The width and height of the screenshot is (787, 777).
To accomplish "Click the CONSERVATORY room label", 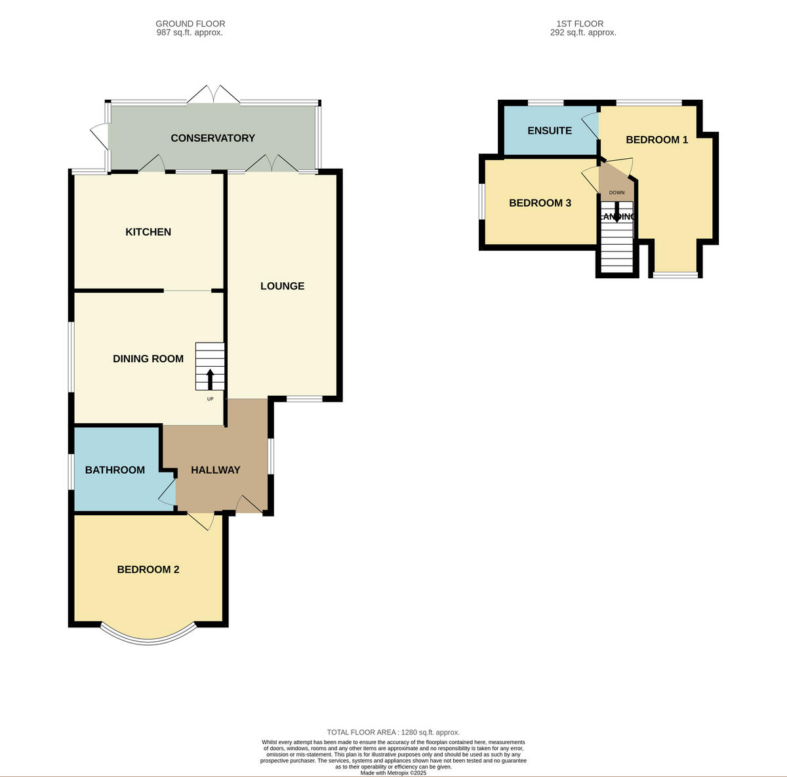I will click(212, 138).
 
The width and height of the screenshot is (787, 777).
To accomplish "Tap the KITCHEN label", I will click(148, 232).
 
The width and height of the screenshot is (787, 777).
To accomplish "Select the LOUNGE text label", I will click(282, 286).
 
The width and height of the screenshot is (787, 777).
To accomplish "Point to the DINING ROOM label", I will click(148, 359).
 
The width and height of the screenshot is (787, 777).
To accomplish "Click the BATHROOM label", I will click(115, 470).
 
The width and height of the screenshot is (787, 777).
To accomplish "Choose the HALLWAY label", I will click(215, 470).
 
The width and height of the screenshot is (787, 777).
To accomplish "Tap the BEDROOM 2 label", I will click(148, 570).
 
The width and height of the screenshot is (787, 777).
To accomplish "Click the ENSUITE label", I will click(550, 131).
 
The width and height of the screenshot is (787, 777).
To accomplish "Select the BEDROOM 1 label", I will click(656, 140).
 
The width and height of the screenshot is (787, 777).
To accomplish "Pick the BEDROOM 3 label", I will click(540, 203).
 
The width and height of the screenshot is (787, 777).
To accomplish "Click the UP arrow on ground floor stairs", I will click(210, 379).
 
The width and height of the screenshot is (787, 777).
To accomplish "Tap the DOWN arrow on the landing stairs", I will click(616, 215).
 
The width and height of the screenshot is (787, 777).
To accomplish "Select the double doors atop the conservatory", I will click(214, 94).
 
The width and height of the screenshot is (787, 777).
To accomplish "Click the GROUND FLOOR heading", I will click(190, 24).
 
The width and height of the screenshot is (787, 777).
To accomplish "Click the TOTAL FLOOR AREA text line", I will click(393, 732).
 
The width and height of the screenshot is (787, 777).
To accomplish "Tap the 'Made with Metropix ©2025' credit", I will click(393, 773).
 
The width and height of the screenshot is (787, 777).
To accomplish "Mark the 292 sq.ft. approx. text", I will click(583, 32).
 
